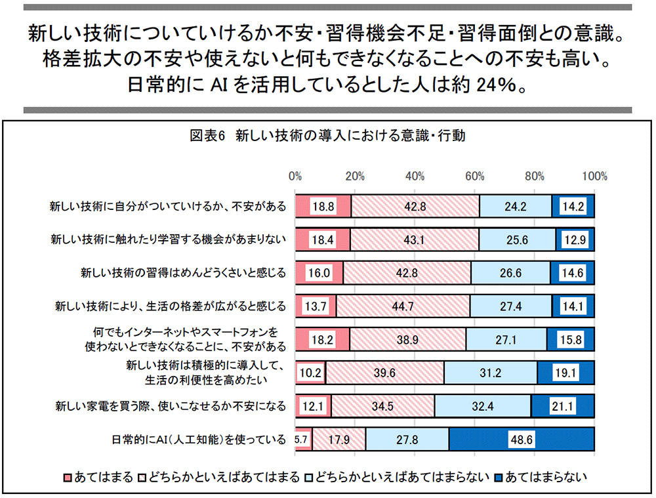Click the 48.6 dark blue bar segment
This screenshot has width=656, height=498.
522,440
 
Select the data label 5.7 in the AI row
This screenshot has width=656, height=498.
302,440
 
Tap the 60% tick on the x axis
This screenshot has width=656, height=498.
475,176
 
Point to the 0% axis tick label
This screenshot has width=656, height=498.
295,176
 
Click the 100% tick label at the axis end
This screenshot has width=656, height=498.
595,176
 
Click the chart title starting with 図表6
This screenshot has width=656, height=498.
327,137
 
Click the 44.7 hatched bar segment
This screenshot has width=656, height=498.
403,306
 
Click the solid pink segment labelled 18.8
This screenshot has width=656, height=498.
323,206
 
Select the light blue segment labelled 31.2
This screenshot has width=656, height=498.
490,373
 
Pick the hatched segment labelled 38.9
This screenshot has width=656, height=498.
407,339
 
